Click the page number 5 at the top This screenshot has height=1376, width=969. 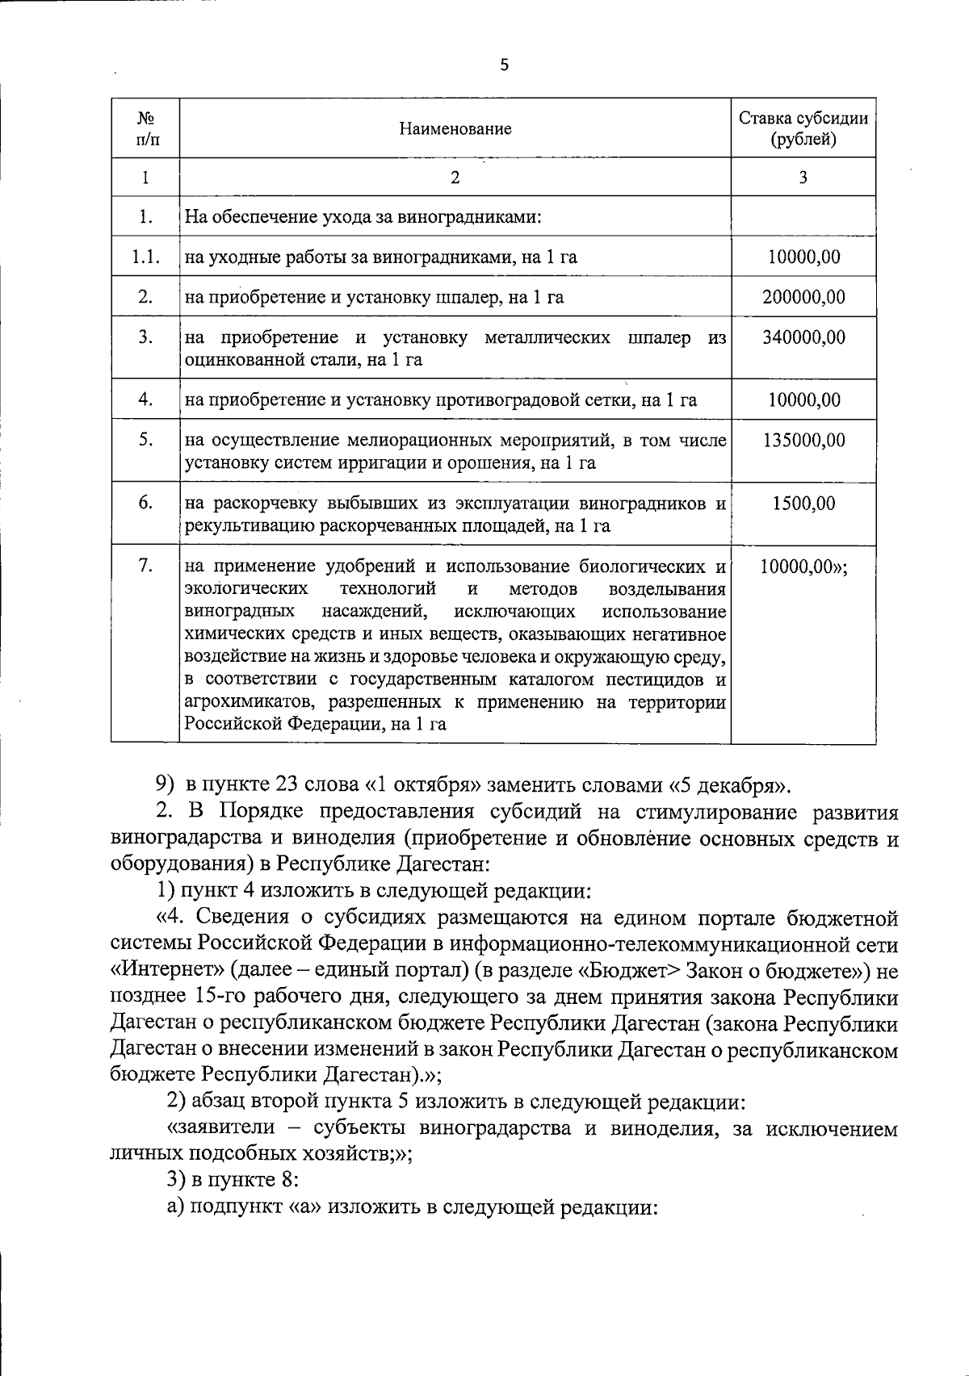click(x=505, y=66)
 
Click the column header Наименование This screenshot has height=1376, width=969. click(x=455, y=128)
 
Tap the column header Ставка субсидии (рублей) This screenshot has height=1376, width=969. click(x=803, y=128)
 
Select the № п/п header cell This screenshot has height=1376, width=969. click(x=145, y=128)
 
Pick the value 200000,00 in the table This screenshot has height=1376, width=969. click(x=803, y=297)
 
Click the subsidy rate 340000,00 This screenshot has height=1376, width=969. click(x=803, y=337)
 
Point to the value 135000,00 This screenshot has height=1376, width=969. click(x=803, y=441)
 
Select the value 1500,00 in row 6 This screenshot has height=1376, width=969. click(x=803, y=504)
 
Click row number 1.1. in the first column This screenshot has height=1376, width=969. click(x=145, y=257)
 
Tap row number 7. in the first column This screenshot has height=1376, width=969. click(x=145, y=567)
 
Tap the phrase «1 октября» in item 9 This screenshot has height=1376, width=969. click(x=424, y=784)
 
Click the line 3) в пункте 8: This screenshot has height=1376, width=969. click(x=233, y=1181)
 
